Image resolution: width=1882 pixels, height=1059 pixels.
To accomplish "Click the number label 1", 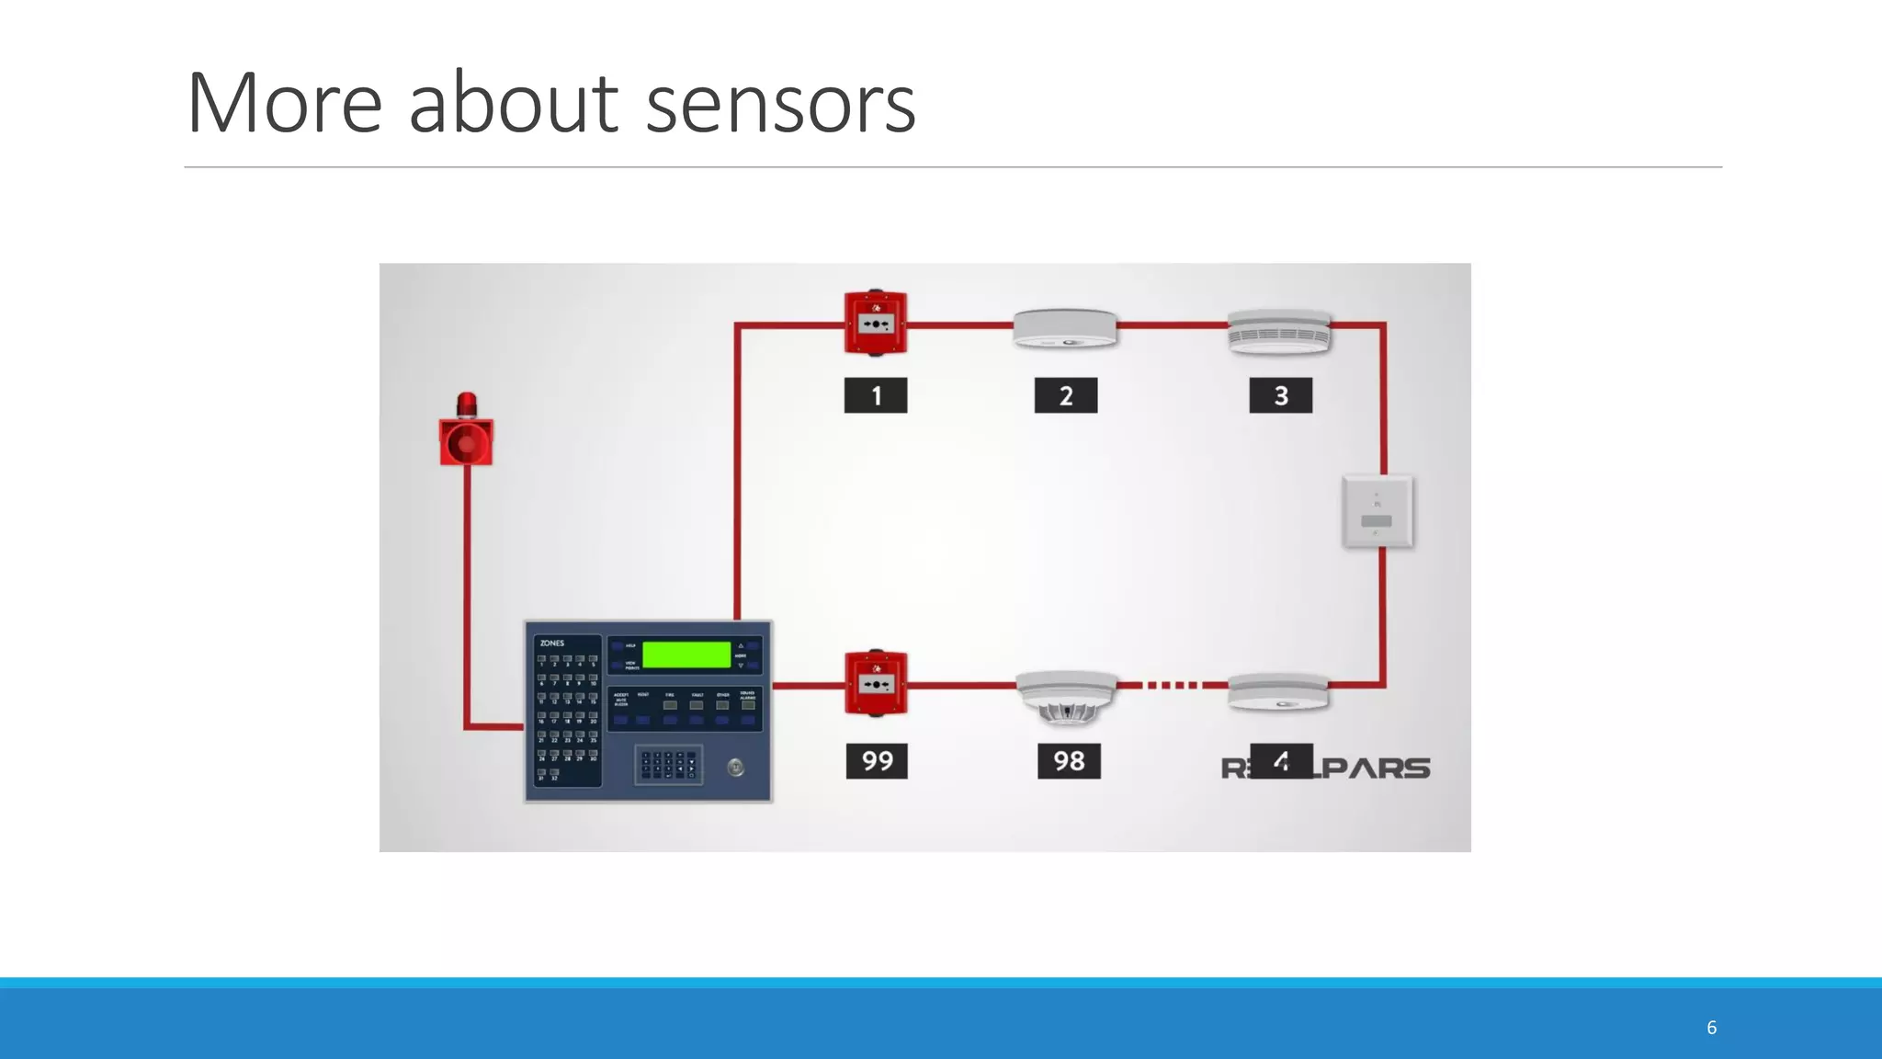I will coord(876,395).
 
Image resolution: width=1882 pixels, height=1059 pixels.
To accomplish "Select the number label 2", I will coord(1066,395).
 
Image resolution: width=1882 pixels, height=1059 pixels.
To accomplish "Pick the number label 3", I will coord(1281,395).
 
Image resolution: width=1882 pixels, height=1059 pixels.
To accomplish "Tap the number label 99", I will coord(877,761).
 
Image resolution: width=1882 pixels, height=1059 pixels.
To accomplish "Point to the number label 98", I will coord(1069,761).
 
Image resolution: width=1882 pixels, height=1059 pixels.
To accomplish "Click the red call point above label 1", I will coord(876,323).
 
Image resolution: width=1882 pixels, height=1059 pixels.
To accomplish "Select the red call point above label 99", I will coord(876,683).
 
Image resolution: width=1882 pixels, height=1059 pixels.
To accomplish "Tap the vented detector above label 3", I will coord(1280,332).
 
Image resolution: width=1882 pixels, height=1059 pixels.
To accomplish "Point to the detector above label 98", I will coord(1067,697).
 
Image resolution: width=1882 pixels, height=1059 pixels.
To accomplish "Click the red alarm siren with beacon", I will coord(467,432).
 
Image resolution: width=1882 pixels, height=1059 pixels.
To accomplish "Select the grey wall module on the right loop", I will coord(1377,512).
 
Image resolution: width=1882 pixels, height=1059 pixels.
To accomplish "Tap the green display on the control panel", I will coord(686,655).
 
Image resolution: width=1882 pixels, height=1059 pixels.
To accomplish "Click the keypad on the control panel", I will coord(668,765).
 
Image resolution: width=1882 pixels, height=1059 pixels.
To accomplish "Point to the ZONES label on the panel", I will coord(552,643).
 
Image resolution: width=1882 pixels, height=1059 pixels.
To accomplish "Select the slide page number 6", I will coord(1711,1028).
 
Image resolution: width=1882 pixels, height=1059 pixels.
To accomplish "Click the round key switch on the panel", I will coord(736,768).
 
